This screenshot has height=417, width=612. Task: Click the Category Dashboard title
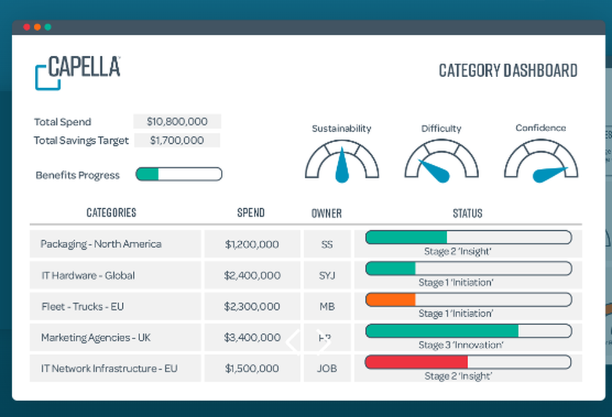508,70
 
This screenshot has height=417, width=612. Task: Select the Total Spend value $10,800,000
177,121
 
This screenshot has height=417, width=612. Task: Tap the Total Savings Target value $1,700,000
177,140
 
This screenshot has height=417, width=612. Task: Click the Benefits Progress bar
179,175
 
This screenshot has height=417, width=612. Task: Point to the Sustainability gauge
341,162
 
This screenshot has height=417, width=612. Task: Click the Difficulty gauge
441,162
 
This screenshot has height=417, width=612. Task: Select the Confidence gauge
540,162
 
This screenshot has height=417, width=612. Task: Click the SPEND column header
251,213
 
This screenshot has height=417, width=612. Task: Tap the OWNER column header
326,213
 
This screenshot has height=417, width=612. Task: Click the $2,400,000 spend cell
252,276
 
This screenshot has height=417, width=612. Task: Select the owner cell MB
327,306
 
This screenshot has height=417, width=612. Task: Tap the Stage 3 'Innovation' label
461,345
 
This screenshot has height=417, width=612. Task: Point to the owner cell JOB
327,369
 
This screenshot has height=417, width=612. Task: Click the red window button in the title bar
26,27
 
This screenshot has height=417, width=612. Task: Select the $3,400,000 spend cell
252,337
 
